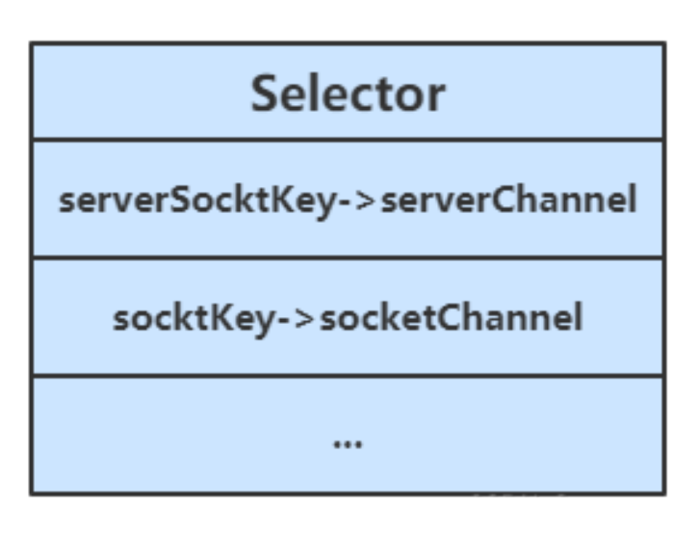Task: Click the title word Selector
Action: coord(348,94)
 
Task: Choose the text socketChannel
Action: coord(451,318)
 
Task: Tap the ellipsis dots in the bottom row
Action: coord(347,443)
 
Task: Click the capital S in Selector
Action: coord(266,94)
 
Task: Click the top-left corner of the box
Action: coord(31,43)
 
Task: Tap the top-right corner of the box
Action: coord(663,43)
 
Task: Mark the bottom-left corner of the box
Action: coord(31,494)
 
